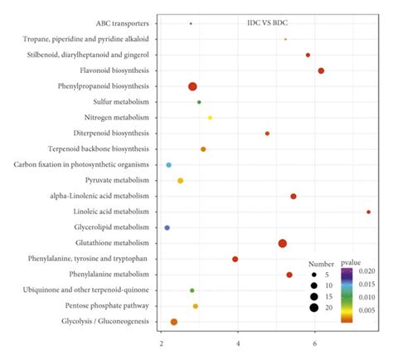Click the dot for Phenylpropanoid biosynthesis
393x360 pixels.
[192, 86]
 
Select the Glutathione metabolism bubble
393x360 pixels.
[283, 243]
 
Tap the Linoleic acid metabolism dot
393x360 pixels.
[368, 212]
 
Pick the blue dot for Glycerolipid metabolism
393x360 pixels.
[167, 227]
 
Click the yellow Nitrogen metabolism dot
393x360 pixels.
[210, 118]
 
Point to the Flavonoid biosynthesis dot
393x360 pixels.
[321, 71]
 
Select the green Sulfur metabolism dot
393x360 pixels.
[199, 102]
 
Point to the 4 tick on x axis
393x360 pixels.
[238, 342]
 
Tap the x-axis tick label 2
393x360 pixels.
[160, 342]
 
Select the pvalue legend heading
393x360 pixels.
[352, 262]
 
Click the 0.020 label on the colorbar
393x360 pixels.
[370, 271]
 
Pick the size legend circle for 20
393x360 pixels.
[314, 308]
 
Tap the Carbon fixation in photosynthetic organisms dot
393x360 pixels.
[169, 165]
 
